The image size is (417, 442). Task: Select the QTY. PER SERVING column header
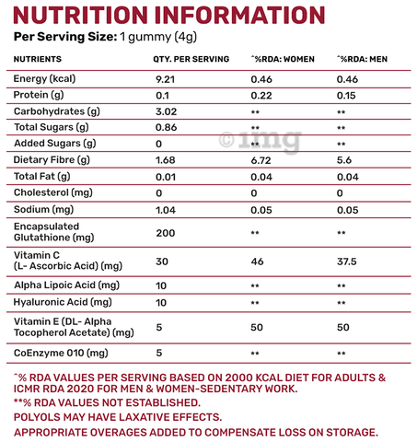click(191, 59)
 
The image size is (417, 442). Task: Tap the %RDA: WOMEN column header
click(283, 59)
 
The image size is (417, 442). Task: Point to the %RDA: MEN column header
click(362, 59)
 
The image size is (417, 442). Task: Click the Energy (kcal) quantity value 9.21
click(165, 79)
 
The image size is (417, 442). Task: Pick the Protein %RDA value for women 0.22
click(261, 96)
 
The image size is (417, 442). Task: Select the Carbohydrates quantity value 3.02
click(166, 111)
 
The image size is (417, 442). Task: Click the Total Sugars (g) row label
click(52, 127)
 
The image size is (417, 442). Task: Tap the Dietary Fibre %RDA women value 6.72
click(261, 160)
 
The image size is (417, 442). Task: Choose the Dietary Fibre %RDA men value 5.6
click(344, 160)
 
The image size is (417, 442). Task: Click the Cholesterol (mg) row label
click(53, 192)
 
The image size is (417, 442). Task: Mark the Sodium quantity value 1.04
click(166, 210)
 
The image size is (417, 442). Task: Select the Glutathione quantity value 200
click(166, 233)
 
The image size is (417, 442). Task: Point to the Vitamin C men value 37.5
click(347, 262)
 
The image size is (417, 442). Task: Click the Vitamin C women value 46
click(257, 262)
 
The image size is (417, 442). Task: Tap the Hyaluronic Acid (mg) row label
click(63, 302)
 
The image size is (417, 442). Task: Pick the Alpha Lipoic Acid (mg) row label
click(66, 285)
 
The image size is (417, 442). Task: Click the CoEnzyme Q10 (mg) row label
click(61, 353)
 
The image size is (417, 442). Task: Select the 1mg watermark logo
click(261, 141)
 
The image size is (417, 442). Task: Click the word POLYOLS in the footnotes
click(37, 417)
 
